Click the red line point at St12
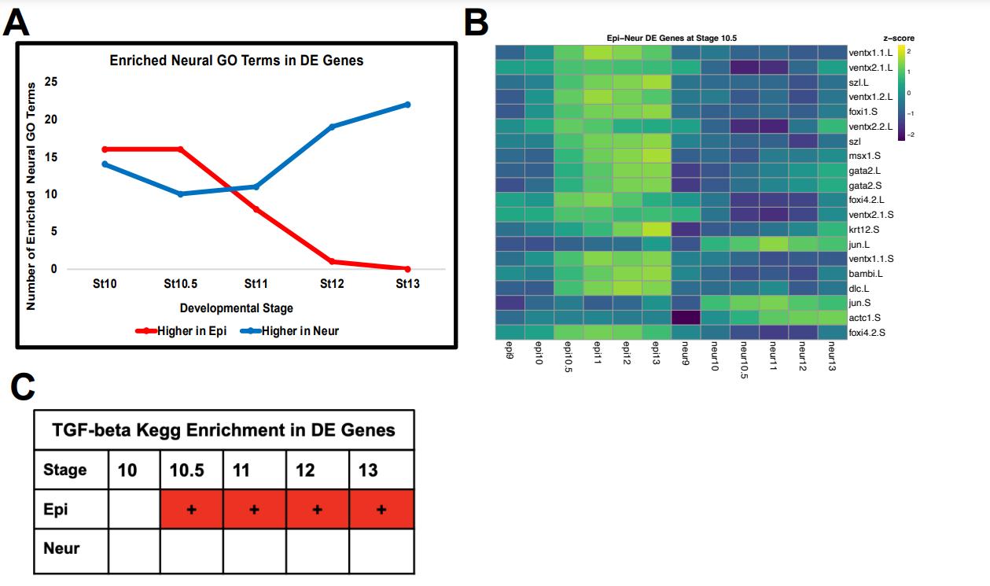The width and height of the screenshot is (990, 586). coord(331,261)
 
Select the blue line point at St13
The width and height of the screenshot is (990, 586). coord(407,105)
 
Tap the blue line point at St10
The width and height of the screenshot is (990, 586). coord(105,164)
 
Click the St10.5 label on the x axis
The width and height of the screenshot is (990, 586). coord(181,284)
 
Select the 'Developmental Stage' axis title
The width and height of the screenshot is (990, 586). coord(236,308)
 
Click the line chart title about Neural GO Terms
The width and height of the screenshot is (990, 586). coord(236,60)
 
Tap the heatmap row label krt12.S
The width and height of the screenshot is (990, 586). coord(864,229)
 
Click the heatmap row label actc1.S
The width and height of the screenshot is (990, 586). coord(864,317)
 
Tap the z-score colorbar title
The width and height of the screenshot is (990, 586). coord(899,38)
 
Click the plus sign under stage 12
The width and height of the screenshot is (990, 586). coord(317,510)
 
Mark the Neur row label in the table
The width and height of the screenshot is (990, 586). coord(61,548)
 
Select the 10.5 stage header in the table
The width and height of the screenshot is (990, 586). coord(187,470)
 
